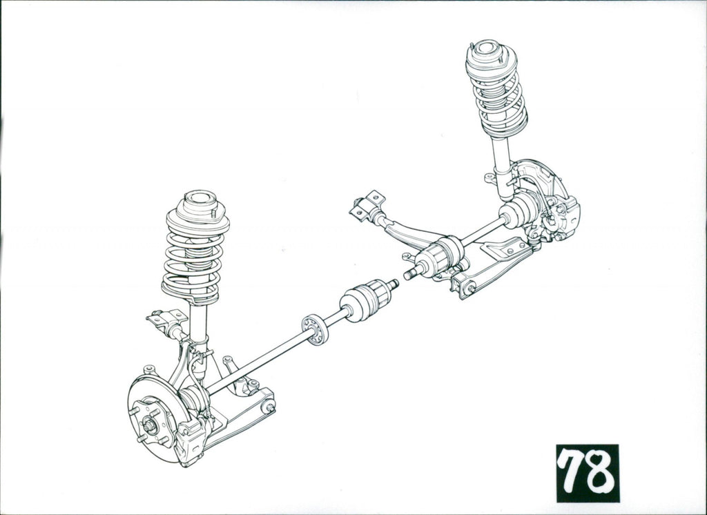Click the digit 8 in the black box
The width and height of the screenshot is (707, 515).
[x=599, y=472]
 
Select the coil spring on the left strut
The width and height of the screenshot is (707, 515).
[x=195, y=266]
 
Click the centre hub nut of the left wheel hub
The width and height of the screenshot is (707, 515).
[x=149, y=425]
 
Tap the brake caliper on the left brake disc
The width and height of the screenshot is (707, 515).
[x=191, y=440]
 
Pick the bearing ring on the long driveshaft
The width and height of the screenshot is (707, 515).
[x=315, y=330]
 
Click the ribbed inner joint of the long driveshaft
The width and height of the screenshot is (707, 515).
[x=365, y=300]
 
